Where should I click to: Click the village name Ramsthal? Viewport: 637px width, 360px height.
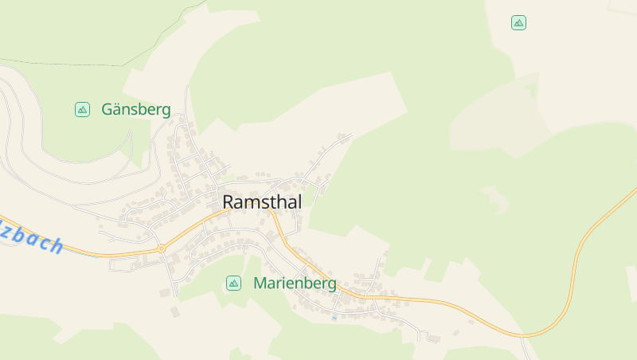tap(262, 202)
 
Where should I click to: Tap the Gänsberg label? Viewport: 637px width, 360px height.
tap(136, 110)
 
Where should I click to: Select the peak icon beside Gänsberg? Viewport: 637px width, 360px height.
tap(82, 109)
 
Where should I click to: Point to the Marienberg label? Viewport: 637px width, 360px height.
tap(295, 283)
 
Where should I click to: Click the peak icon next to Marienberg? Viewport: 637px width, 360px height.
tap(233, 283)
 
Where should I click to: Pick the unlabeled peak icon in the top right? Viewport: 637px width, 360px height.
tap(518, 23)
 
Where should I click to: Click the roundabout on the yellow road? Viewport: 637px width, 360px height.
tap(161, 248)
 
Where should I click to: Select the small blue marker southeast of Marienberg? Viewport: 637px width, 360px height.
tap(334, 318)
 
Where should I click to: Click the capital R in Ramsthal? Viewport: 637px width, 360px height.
tap(229, 202)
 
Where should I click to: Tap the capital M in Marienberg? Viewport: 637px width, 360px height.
tap(260, 283)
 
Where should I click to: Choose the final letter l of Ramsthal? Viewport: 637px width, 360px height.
tap(299, 202)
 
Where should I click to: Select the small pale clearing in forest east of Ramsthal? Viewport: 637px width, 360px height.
tap(495, 199)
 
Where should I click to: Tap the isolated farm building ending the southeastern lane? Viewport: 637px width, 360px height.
tap(434, 338)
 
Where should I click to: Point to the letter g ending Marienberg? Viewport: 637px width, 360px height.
tap(331, 284)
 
